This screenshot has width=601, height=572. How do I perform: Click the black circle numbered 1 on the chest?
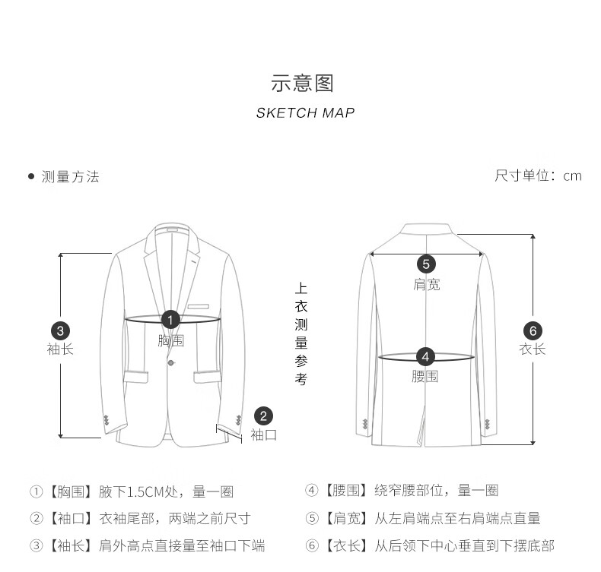171,321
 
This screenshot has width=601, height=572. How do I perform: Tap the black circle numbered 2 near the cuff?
263,416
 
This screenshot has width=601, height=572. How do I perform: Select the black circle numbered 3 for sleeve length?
60,330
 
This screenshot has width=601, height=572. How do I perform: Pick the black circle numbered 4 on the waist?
425,356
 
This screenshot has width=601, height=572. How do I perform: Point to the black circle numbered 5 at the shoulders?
426,264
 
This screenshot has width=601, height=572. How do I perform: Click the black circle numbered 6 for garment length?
533,330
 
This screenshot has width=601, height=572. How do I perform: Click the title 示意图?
303,83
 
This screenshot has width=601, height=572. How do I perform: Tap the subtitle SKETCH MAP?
305,113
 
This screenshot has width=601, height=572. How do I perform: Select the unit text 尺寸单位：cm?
538,176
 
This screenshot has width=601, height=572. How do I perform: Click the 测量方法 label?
70,177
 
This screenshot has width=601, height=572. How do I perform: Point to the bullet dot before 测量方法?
31,177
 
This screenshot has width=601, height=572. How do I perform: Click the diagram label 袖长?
60,349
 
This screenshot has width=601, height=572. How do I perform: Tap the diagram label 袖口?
263,435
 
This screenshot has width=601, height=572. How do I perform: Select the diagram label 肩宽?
426,284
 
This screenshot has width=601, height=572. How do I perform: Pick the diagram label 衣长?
533,349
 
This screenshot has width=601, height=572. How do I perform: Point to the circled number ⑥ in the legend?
311,545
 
